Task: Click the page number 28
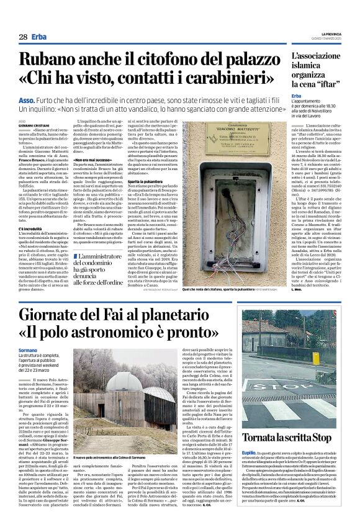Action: click(x=22, y=37)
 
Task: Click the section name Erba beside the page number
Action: click(x=39, y=37)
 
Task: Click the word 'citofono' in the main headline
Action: click(x=144, y=61)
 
